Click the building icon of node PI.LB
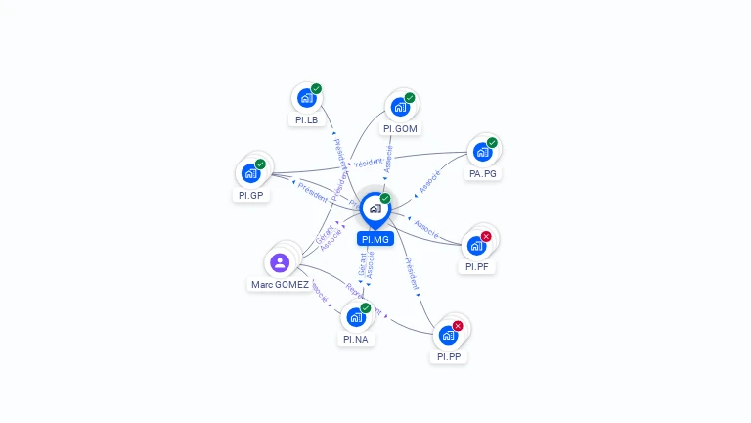tap(306, 98)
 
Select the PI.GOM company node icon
tap(399, 107)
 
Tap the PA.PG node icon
tap(481, 152)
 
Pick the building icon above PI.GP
tap(250, 173)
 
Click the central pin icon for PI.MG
tap(375, 209)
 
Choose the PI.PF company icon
tap(476, 245)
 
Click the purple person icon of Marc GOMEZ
tap(280, 262)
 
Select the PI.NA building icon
tap(355, 317)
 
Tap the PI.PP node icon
tap(448, 335)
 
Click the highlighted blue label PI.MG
tap(375, 239)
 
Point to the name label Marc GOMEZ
tap(280, 285)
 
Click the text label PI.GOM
tap(400, 128)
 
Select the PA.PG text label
tap(483, 173)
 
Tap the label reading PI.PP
tap(449, 357)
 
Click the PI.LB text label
tap(306, 119)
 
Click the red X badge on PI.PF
tap(486, 236)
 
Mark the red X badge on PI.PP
tap(457, 326)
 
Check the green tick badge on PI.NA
tap(366, 308)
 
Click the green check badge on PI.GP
tap(260, 164)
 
